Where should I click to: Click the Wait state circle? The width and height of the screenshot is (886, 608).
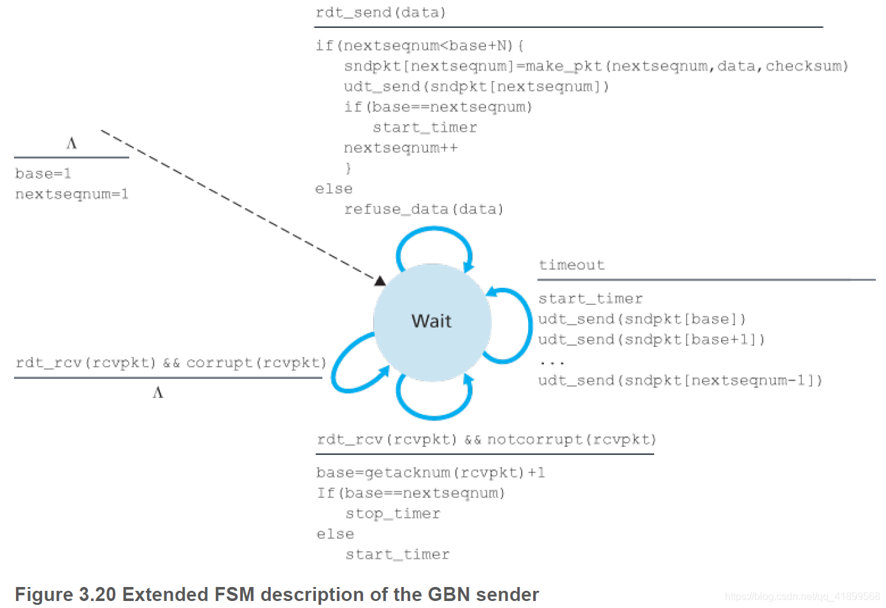point(432,322)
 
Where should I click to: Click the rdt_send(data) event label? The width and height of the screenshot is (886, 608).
point(380,13)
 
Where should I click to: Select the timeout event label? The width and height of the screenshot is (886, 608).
point(571,265)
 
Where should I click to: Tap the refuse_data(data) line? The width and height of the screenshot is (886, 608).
point(424,209)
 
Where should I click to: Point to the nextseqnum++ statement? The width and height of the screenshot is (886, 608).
point(401,148)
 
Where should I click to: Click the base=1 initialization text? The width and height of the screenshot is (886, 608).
point(43,174)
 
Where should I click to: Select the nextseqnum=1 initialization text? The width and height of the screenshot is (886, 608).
point(71,194)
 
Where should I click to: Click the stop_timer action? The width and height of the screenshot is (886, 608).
point(392,514)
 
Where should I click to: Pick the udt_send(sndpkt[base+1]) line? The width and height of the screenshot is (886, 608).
point(651,340)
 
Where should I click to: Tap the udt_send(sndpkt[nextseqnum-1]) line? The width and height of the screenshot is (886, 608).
point(680,381)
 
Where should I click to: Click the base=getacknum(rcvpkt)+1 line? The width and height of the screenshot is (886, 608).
point(431,473)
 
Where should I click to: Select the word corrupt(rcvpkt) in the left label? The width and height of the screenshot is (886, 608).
point(256,363)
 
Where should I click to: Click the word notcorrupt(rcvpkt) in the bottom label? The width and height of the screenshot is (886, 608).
point(571,440)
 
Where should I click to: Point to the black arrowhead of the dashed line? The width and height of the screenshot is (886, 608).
point(380,281)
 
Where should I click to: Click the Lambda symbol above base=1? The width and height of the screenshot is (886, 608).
point(71,143)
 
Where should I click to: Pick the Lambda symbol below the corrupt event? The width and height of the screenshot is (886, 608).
point(158,393)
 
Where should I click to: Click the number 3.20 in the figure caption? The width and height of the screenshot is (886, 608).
point(97,595)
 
